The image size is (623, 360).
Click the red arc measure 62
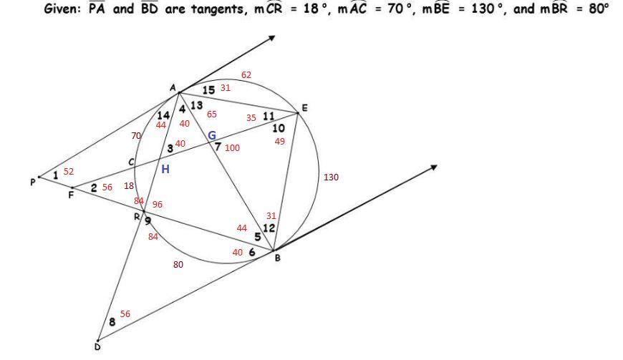(246, 75)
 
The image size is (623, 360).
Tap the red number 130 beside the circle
(331, 177)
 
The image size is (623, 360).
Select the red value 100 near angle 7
(232, 148)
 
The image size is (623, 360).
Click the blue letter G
(212, 135)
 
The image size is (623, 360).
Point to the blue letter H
(165, 169)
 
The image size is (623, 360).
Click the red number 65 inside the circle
(212, 114)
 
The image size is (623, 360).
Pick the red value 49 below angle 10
(279, 141)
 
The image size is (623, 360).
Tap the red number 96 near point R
(158, 204)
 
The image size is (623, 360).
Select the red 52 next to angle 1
(69, 172)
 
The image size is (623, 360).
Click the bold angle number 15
(208, 90)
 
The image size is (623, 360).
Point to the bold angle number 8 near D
(112, 322)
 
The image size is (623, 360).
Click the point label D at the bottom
(97, 347)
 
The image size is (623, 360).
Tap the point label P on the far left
(32, 183)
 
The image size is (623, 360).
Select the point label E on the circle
(304, 108)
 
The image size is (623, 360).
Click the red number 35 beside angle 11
(251, 118)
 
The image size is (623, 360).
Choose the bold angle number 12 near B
(269, 228)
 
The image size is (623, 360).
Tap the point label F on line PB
(71, 195)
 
